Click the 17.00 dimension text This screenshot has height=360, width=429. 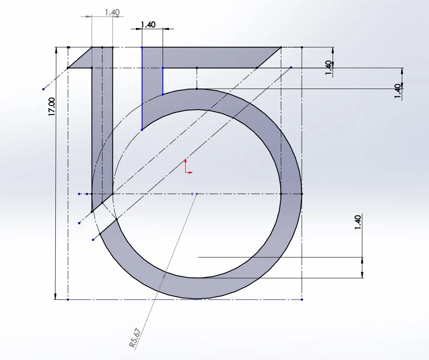click(52, 106)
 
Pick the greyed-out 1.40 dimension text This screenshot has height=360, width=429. click(112, 12)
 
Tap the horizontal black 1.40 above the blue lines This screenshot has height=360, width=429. click(148, 25)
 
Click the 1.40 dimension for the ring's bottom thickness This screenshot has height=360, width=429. click(358, 223)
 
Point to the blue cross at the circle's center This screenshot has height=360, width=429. click(192, 193)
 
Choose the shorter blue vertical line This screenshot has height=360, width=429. click(163, 81)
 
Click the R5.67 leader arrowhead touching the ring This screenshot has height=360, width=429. click(164, 274)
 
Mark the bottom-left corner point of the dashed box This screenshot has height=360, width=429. click(68, 299)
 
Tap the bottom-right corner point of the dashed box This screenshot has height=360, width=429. click(302, 299)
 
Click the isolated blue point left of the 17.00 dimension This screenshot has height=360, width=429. click(43, 89)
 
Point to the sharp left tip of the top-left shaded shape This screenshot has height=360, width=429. click(68, 68)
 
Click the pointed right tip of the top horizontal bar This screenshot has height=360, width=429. click(281, 47)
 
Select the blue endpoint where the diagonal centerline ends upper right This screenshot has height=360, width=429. click(291, 68)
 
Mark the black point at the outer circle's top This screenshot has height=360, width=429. click(197, 89)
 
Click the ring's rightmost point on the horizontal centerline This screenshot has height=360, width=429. click(302, 193)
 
